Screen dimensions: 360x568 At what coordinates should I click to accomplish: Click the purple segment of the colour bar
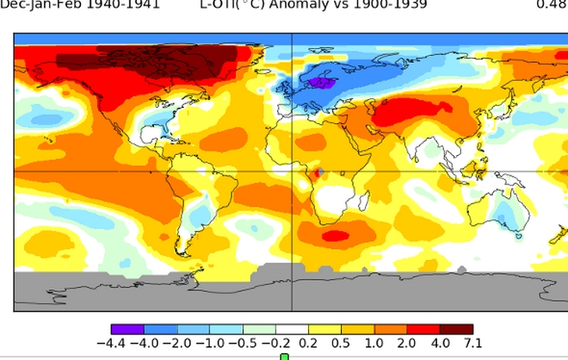128,329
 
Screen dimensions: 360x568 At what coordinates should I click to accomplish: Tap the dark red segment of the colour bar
456,329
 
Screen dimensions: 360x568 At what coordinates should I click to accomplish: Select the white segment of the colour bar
293,329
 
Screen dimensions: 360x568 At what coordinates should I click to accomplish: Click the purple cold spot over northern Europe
322,83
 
